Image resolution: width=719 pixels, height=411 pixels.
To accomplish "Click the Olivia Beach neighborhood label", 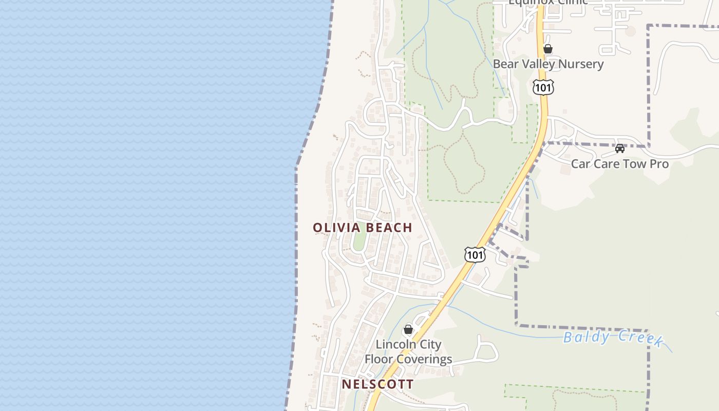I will pyautogui.click(x=363, y=228).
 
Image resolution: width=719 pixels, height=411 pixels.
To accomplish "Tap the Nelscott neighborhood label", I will pyautogui.click(x=377, y=384).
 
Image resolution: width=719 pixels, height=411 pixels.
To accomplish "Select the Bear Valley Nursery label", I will pyautogui.click(x=548, y=64).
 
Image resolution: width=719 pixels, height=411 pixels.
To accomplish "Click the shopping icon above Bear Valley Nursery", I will pyautogui.click(x=548, y=49).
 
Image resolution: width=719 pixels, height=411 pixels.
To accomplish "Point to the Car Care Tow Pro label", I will pyautogui.click(x=620, y=164).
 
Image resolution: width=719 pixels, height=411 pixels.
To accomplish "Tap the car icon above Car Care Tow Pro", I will pyautogui.click(x=620, y=148).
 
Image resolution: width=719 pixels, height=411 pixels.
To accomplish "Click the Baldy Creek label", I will pyautogui.click(x=613, y=338).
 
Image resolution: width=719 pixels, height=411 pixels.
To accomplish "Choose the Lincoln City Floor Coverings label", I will pyautogui.click(x=408, y=352).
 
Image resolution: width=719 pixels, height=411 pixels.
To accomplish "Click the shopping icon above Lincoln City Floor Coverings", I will pyautogui.click(x=408, y=329).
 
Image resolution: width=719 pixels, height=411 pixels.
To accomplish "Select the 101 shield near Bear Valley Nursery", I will pyautogui.click(x=543, y=87).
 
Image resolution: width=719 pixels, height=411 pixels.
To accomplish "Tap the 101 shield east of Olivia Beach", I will pyautogui.click(x=475, y=254).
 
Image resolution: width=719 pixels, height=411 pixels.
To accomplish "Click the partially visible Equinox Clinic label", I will pyautogui.click(x=548, y=2).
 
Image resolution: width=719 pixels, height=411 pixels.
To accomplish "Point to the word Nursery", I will pyautogui.click(x=578, y=64).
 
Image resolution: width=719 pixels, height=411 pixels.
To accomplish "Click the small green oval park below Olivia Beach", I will pyautogui.click(x=359, y=241).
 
